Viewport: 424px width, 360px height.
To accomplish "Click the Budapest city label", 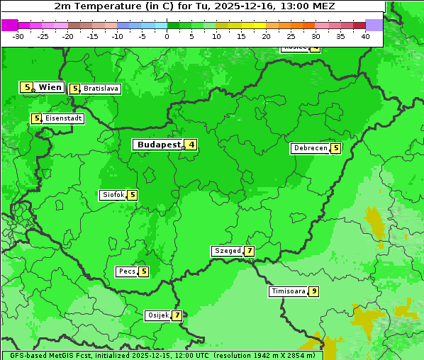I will pos(158,145).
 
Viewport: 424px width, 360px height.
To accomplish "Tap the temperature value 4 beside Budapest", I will pos(191,145).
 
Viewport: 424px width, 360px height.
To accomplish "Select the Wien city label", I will pos(50,87).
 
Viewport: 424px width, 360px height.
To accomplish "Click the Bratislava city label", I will pos(100,89).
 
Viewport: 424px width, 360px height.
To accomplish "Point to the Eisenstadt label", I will pos(63,118).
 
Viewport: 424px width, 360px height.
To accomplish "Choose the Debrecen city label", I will pos(310,149).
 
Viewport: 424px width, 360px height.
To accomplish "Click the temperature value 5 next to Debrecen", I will pos(335,149).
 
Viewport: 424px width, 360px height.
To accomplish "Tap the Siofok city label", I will pos(113,195).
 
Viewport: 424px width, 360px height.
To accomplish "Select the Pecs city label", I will pos(127,271).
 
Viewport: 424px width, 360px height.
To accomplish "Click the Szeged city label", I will pos(227,251).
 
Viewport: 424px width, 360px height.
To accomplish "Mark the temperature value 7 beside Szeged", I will pos(249,251).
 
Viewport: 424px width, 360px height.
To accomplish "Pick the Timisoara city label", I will pos(288,291).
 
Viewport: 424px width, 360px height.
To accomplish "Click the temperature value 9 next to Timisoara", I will pos(313,291).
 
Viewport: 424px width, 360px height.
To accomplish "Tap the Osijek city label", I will pos(157,315).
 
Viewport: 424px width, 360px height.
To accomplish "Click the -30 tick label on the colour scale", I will pos(18,36).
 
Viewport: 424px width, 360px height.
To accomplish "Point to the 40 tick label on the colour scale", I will pos(364,36).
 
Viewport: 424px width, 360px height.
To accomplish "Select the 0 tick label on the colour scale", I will pos(167,36).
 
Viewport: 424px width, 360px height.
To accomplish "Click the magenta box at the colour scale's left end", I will pos(9,25).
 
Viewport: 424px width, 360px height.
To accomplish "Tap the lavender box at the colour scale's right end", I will pos(374,25).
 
